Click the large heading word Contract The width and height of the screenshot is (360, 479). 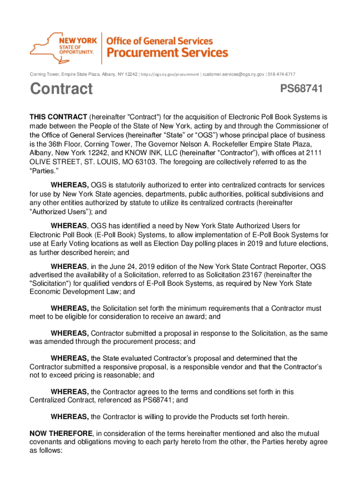(x=61, y=89)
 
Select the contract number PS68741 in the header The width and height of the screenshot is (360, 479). (x=301, y=89)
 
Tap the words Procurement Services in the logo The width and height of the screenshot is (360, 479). (x=168, y=52)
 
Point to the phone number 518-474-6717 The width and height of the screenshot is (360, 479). (x=281, y=74)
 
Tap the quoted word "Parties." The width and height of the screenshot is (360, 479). (x=44, y=171)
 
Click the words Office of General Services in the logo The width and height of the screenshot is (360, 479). (x=160, y=41)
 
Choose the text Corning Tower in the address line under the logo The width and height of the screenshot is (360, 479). (x=46, y=74)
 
